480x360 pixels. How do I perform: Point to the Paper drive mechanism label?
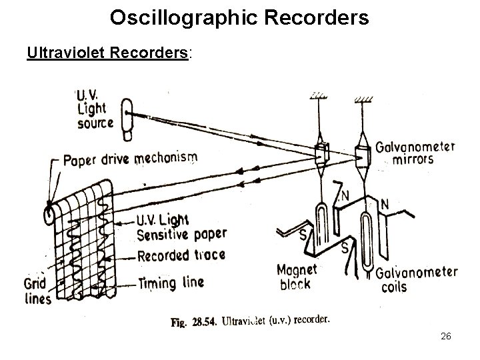click(x=129, y=160)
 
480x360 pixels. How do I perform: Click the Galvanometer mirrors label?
click(x=415, y=154)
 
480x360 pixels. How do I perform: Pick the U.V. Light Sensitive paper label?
click(x=181, y=227)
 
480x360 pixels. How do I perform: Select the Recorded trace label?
click(x=181, y=255)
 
